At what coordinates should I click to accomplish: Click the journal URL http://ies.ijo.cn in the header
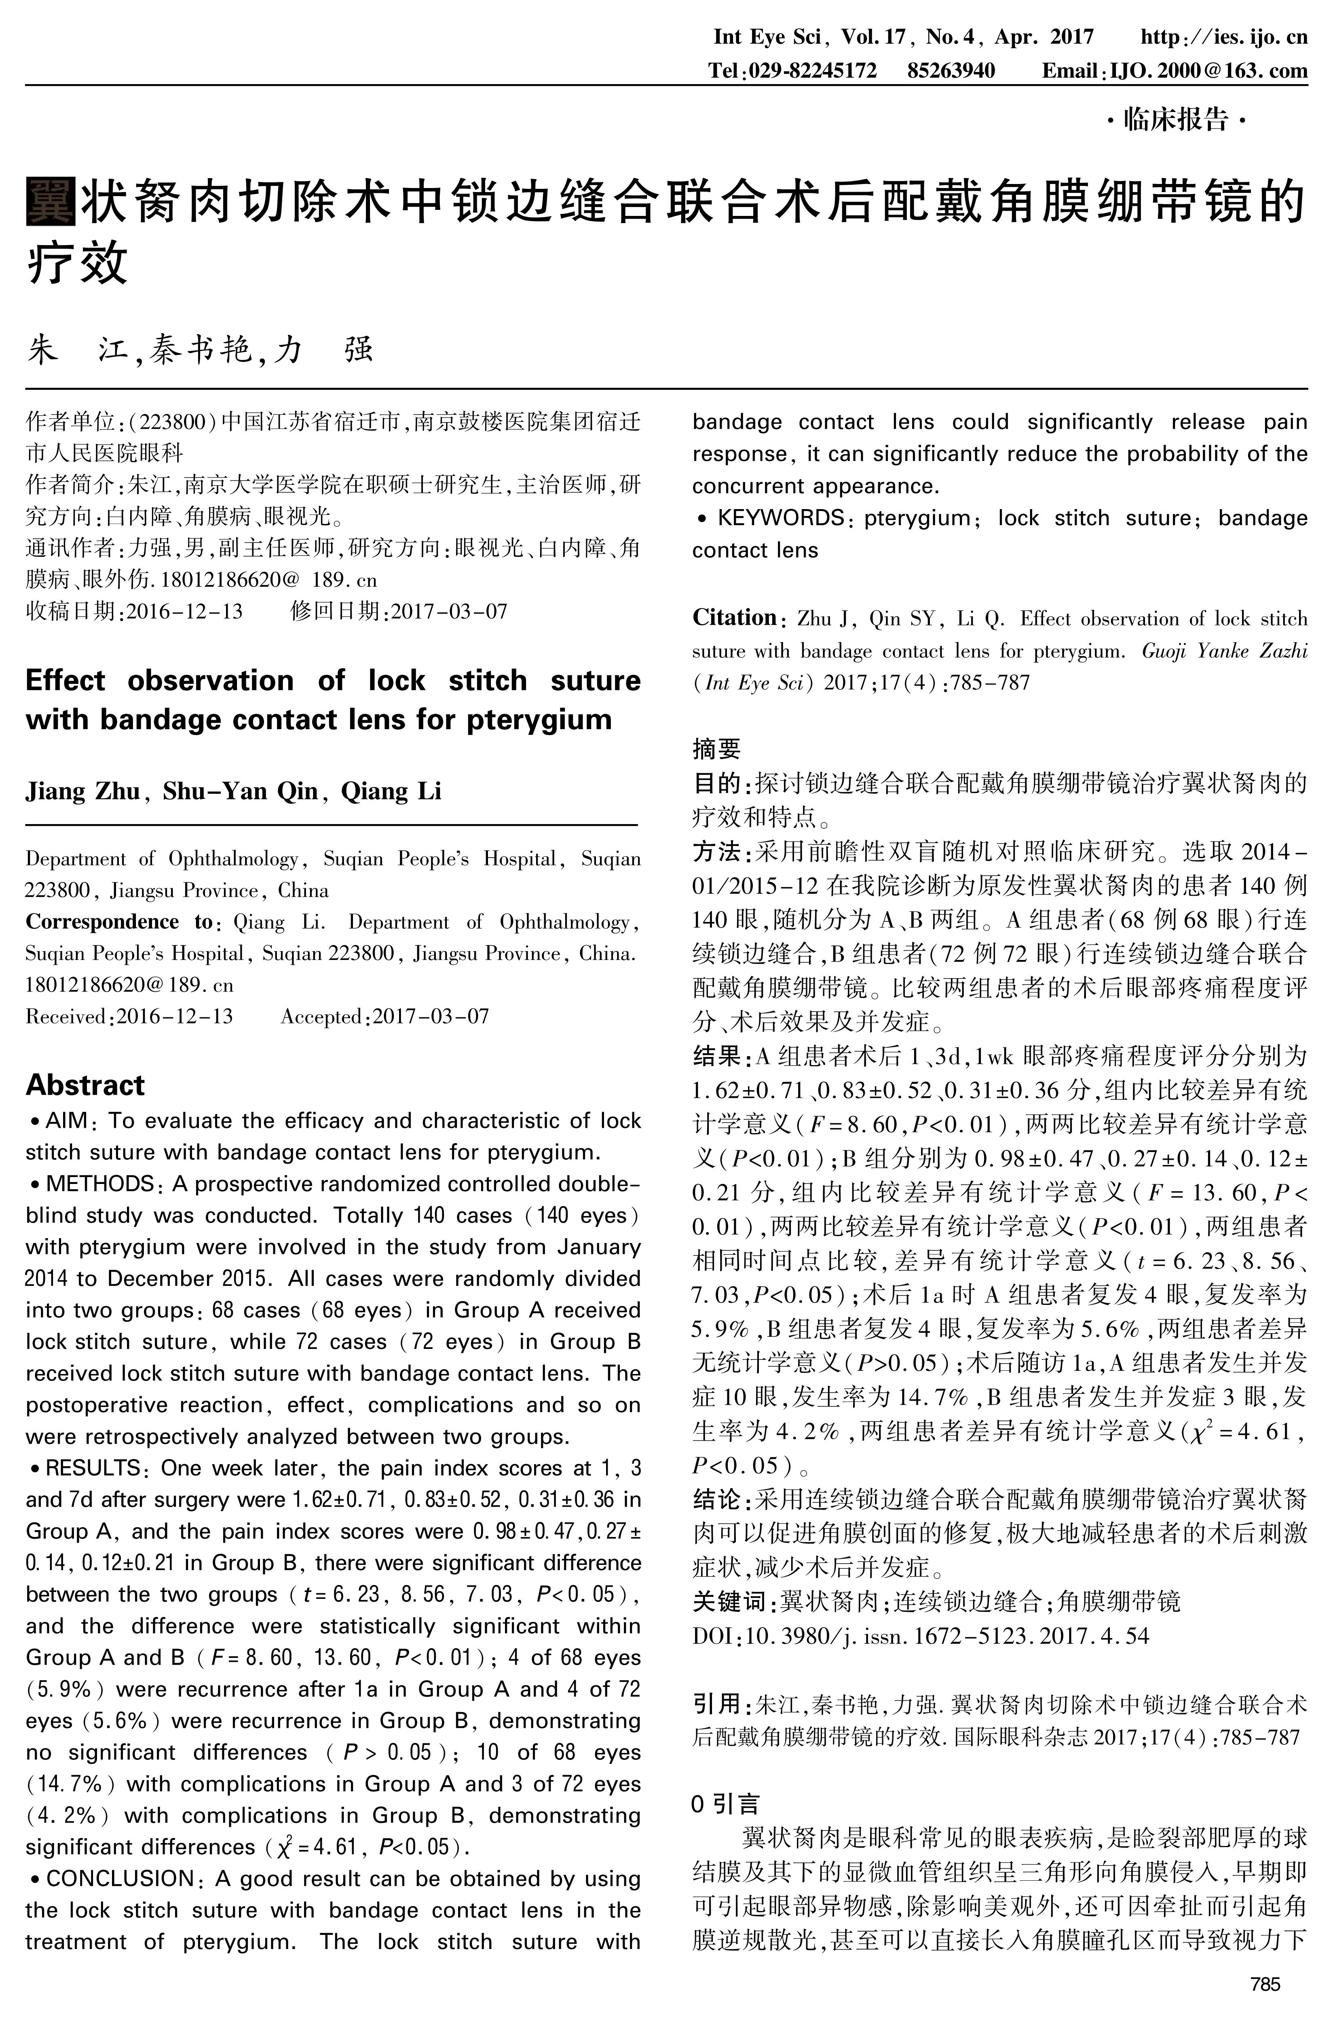(x=1223, y=38)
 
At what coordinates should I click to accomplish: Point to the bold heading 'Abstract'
(x=85, y=1086)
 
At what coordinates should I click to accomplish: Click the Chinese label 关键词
(x=729, y=1602)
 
